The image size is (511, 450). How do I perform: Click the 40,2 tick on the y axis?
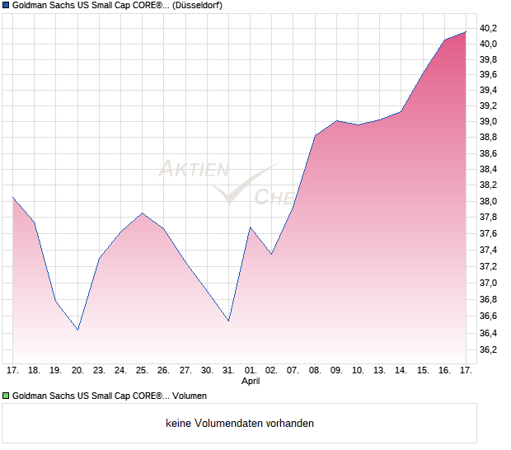(x=490, y=28)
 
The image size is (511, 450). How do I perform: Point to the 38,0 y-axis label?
(x=490, y=201)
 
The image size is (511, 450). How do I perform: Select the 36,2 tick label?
(x=490, y=349)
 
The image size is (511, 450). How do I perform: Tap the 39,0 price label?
(x=490, y=122)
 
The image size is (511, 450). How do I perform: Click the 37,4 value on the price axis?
(x=490, y=250)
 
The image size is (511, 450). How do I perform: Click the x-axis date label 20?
(x=77, y=370)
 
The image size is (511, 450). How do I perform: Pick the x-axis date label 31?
(x=228, y=370)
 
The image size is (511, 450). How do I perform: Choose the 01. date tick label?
(x=251, y=370)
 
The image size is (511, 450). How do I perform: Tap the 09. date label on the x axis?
(x=336, y=370)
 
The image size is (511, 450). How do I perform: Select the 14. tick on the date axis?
(x=401, y=370)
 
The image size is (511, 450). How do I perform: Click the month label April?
(x=251, y=382)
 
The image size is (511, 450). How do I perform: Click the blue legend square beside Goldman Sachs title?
(x=6, y=6)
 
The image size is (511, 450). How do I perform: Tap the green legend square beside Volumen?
(x=6, y=396)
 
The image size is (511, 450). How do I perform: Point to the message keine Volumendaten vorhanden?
(x=240, y=424)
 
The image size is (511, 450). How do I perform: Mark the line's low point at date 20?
(x=77, y=330)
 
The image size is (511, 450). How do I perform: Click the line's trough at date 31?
(x=228, y=321)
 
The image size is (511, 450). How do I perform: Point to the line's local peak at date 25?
(x=142, y=213)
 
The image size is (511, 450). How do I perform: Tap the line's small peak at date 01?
(x=251, y=227)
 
